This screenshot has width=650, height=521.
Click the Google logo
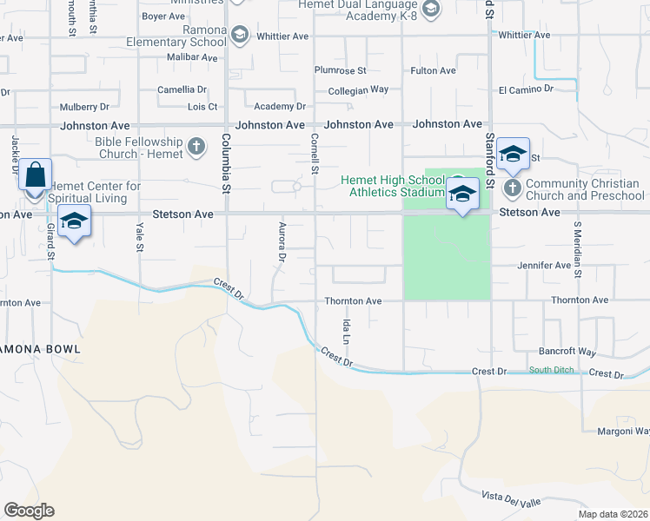(29, 511)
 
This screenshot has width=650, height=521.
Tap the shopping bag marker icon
(35, 175)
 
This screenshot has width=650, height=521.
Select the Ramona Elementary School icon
(240, 35)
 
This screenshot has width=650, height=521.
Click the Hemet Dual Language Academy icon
(431, 9)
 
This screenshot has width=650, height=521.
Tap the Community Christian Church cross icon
(512, 188)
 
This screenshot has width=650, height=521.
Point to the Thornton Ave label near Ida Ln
(353, 301)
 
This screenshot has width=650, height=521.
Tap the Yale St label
(140, 236)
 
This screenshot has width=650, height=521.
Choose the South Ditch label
(551, 371)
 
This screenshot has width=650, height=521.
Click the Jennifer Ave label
(544, 265)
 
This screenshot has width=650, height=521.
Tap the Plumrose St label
(341, 70)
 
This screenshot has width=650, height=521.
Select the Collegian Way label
(358, 89)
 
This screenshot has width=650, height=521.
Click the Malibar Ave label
(191, 56)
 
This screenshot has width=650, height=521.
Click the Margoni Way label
(623, 432)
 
